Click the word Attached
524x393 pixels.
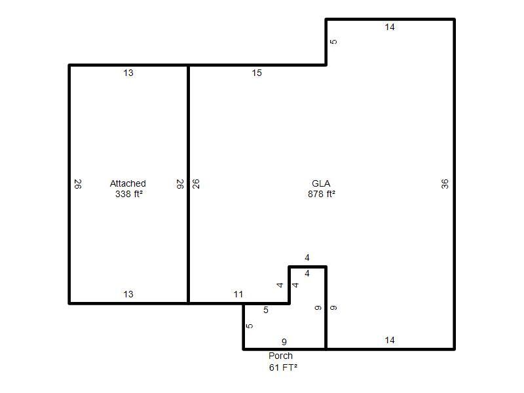128,183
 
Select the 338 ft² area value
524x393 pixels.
129,194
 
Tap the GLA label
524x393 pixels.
321,183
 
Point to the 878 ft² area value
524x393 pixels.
322,194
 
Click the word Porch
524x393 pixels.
281,356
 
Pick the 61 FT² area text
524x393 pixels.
283,367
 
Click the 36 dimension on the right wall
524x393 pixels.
445,184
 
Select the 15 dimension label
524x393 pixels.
257,73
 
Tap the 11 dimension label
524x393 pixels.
238,294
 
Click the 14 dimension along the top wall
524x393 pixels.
390,27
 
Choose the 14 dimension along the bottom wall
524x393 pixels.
390,340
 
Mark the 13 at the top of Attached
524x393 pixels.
128,73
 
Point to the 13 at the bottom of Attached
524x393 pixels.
128,294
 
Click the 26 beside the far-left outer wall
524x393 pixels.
78,184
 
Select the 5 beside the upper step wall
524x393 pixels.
333,42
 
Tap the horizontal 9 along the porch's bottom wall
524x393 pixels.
284,342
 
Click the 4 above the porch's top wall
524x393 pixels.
307,257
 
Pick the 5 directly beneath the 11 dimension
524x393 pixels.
266,310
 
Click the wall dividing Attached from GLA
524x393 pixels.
188,184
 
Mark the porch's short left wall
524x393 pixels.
244,326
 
